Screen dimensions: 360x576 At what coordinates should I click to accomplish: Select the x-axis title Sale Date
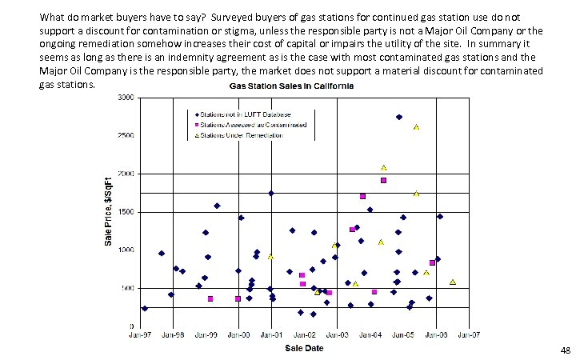[x=305, y=348]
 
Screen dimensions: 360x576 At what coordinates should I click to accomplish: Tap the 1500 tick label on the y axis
[x=125, y=212]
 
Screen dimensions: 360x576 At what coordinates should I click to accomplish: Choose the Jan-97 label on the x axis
[x=141, y=335]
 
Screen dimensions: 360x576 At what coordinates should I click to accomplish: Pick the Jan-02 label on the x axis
[x=305, y=335]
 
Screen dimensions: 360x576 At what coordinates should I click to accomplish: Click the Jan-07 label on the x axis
[x=469, y=335]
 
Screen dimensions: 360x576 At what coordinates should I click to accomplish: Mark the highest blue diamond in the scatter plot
[x=399, y=117]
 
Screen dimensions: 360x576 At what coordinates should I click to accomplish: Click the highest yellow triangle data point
[x=416, y=127]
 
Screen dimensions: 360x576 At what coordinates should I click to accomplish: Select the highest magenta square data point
[x=383, y=181]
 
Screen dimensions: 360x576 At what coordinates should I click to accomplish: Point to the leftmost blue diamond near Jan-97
[x=145, y=308]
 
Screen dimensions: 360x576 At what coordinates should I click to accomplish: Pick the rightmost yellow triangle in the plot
[x=453, y=282]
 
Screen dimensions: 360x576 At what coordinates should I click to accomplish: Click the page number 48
[x=566, y=350]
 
